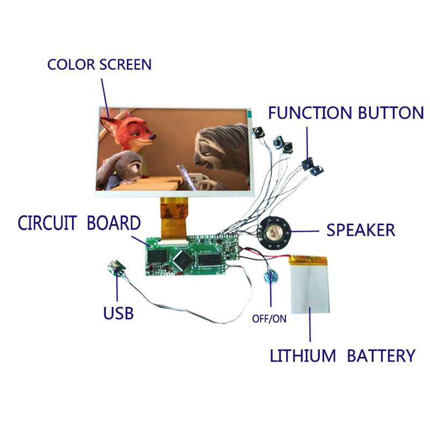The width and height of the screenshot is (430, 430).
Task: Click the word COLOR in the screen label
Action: (71, 64)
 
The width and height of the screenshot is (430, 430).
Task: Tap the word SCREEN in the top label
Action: (125, 64)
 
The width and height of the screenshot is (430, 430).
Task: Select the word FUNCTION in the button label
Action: (310, 113)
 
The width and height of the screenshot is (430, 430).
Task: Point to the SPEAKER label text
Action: (361, 230)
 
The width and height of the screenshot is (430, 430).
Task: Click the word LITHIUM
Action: (303, 356)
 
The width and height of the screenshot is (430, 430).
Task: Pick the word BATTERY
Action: (381, 356)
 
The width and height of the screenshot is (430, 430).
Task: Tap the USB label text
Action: (118, 313)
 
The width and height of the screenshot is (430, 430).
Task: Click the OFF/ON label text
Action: (269, 319)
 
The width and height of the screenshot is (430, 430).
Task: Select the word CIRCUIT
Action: (47, 223)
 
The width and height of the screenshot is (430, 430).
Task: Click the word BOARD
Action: (113, 223)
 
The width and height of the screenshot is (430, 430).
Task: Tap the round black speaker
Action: (275, 233)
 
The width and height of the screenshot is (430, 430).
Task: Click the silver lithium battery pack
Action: (310, 284)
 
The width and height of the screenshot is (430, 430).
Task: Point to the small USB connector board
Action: (117, 268)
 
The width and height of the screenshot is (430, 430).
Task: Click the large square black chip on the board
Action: (183, 259)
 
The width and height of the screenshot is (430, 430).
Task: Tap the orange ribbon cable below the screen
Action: (174, 218)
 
